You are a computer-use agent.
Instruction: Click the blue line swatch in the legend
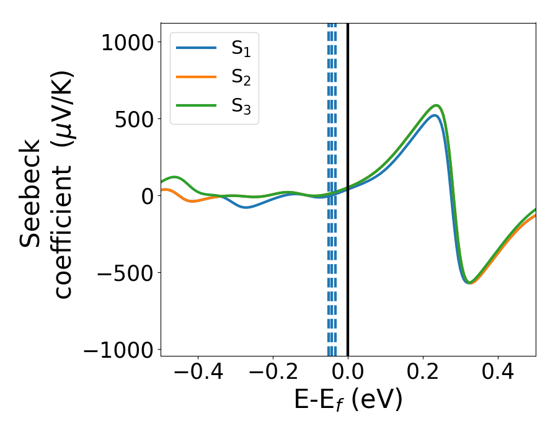coord(196,48)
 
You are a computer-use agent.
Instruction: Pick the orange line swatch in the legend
coord(196,77)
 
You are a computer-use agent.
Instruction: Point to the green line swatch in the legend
coord(196,106)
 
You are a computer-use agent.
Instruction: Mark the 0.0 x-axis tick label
coord(348,373)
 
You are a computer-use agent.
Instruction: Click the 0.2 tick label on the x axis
coord(423,373)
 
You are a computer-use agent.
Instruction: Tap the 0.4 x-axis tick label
coord(498,373)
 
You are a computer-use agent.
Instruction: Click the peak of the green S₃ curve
coord(436,105)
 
